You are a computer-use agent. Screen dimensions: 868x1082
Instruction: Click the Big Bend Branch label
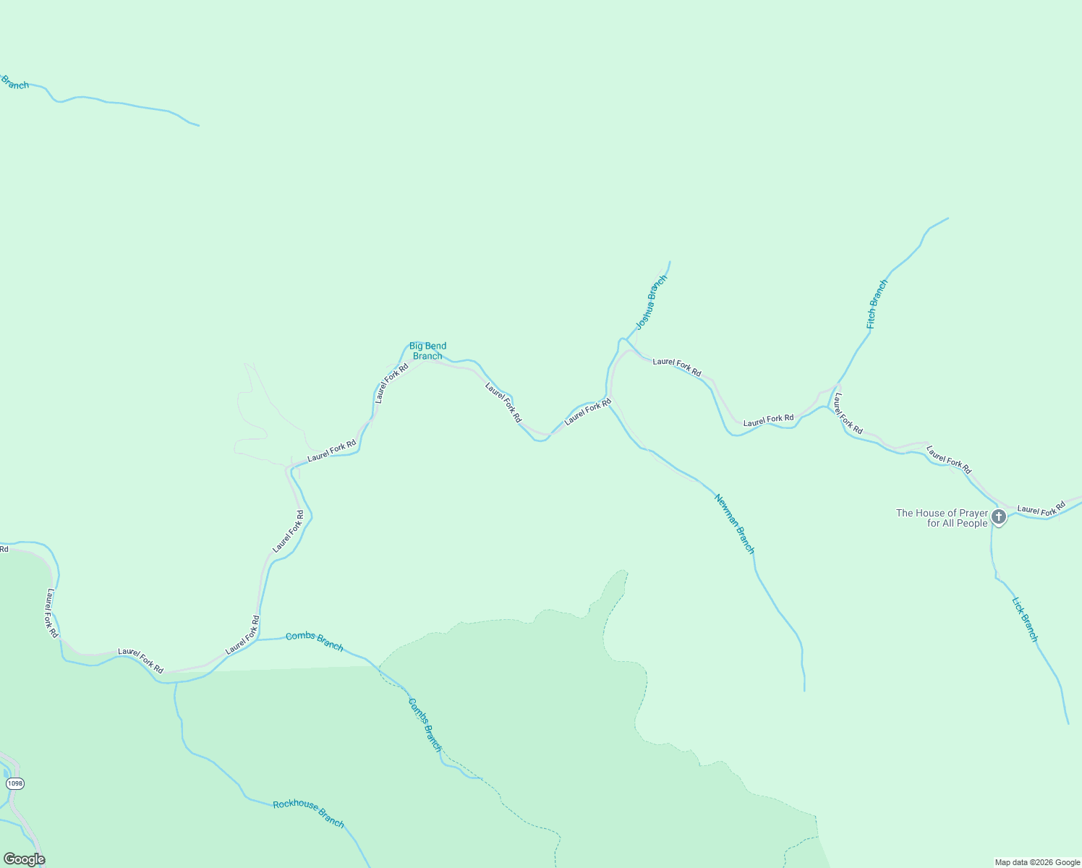(427, 351)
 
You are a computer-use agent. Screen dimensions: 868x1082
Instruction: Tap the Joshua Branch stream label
(651, 302)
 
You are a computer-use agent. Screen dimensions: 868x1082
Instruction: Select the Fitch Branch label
(877, 305)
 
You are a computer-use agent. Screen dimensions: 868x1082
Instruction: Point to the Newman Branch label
(734, 524)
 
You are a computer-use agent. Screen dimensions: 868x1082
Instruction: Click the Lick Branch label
(1024, 619)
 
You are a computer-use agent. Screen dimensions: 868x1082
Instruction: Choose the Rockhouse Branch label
(308, 814)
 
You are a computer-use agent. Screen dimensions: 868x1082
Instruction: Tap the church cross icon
(999, 516)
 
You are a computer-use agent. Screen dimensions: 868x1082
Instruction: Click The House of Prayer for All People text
(942, 518)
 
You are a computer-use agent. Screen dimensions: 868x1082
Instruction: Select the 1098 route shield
(14, 783)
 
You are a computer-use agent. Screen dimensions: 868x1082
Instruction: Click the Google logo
(24, 859)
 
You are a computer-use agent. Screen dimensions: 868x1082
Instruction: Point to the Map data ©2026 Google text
(1037, 862)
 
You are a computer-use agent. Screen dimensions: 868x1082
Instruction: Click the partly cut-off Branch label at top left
(14, 84)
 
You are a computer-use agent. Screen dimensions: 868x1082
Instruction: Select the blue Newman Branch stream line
(780, 615)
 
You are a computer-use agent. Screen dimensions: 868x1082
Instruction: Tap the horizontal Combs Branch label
(314, 641)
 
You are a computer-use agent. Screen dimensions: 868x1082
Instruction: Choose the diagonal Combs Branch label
(425, 724)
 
